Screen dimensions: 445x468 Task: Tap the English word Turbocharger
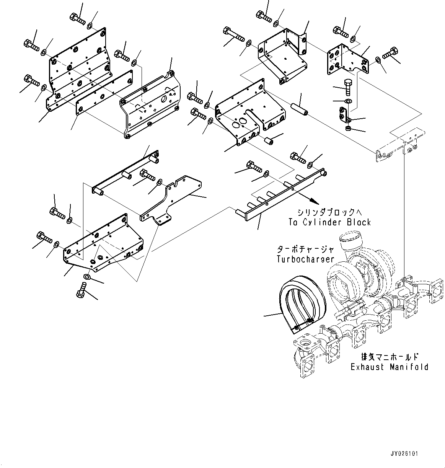click(x=305, y=259)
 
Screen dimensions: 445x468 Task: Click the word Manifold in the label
click(x=409, y=367)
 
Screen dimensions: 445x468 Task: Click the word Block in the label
click(x=359, y=222)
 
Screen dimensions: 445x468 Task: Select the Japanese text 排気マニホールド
click(x=390, y=357)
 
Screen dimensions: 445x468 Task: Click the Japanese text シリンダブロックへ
click(x=330, y=212)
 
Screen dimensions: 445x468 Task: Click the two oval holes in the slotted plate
click(x=239, y=123)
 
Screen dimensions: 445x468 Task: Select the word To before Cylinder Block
click(x=293, y=222)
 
